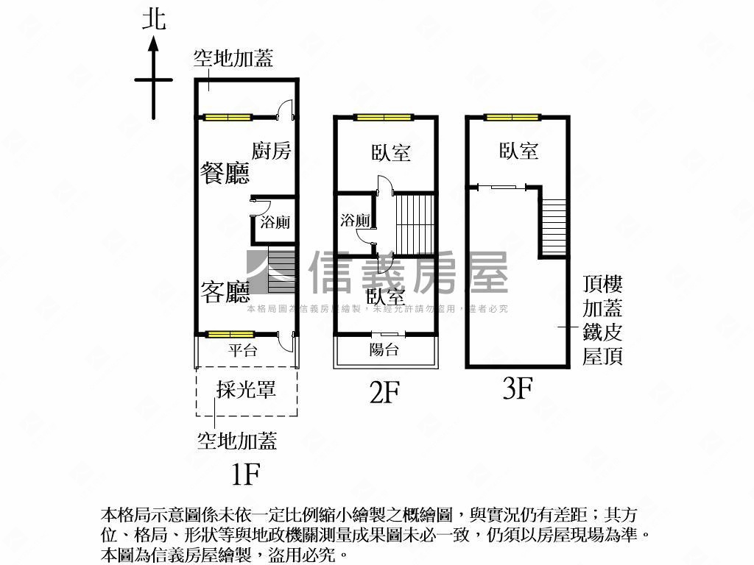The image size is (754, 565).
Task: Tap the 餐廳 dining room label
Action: coord(225,174)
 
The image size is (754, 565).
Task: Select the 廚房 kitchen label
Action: coord(272,152)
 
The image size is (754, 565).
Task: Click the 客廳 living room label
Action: coord(225,293)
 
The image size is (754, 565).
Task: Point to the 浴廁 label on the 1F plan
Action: coord(275,221)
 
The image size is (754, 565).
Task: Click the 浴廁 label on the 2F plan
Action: coord(355,220)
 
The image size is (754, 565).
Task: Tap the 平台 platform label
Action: coord(242,351)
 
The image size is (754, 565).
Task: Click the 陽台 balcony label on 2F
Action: coord(384,350)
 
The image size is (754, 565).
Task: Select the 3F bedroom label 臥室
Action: coord(519,152)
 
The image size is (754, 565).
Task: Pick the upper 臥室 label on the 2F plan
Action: coord(391,152)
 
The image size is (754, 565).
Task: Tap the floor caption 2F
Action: coord(384,392)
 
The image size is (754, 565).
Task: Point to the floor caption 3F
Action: coord(517,388)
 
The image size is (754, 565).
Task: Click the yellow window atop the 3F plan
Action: coord(512,116)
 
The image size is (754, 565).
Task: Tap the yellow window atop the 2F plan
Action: coord(383,116)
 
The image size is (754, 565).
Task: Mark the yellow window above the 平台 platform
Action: coord(228,335)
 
